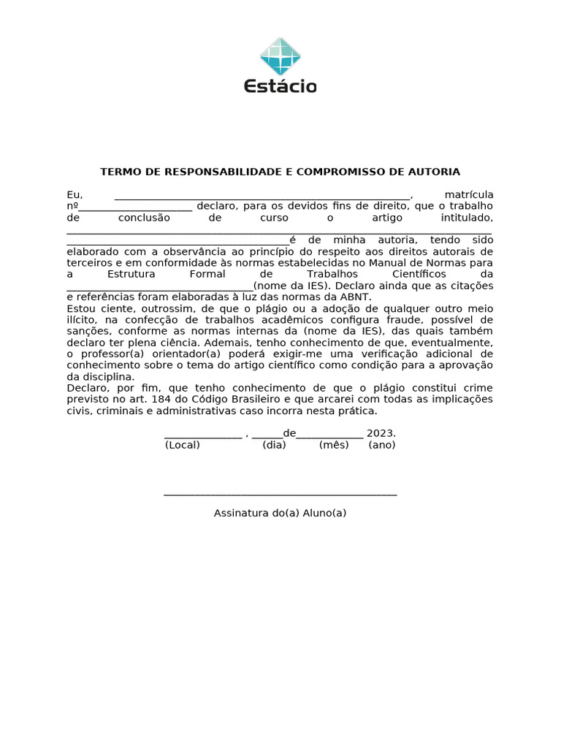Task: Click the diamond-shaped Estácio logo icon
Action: click(280, 56)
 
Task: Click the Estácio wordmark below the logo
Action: click(280, 86)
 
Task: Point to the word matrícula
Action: click(468, 195)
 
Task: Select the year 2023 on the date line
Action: click(380, 433)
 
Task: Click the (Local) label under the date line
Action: click(183, 445)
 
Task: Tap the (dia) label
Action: click(274, 445)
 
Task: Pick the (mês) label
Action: click(334, 445)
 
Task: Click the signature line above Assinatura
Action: click(280, 495)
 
